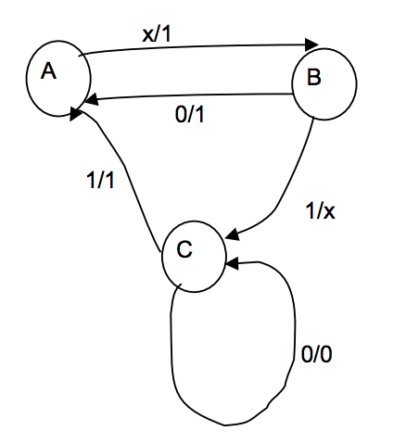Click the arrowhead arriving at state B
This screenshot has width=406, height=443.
[x=311, y=44]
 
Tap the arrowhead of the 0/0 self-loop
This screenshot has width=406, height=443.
[x=229, y=265]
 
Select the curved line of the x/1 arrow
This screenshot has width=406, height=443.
[x=185, y=39]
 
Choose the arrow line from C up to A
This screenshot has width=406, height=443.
[x=130, y=185]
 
